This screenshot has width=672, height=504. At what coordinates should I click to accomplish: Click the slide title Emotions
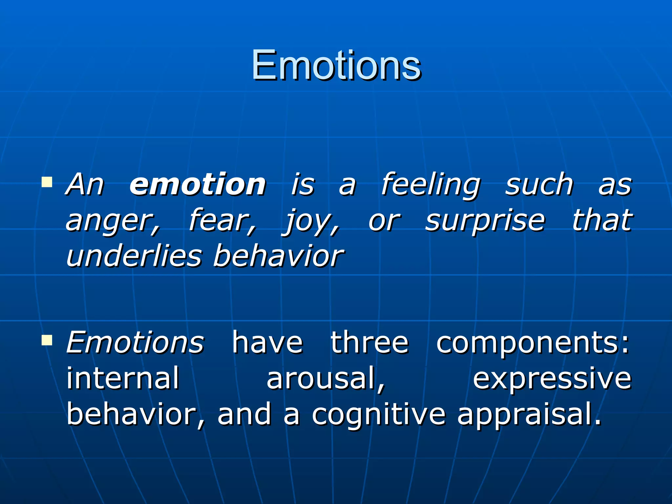click(336, 65)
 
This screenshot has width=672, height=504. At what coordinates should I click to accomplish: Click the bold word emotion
click(198, 184)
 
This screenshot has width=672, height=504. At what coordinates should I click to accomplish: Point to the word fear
click(222, 220)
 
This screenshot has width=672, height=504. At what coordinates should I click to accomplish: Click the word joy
click(310, 221)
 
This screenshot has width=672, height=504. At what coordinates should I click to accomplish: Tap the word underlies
click(134, 256)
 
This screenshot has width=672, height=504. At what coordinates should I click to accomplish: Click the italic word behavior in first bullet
click(278, 256)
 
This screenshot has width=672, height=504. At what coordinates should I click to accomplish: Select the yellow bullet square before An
click(47, 182)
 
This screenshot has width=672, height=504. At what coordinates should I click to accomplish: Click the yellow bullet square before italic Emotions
click(47, 340)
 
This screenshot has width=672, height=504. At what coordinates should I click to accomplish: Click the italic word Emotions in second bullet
click(135, 343)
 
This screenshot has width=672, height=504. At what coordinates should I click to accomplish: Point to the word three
click(369, 343)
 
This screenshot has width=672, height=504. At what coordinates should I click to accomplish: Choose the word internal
click(123, 378)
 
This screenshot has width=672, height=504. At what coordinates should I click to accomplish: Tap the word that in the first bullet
click(602, 220)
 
